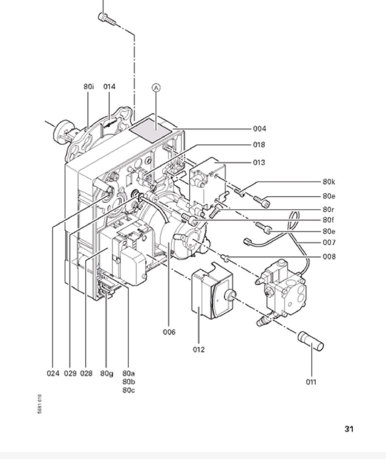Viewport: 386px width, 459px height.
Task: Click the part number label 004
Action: (259, 128)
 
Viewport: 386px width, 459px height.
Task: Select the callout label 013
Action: (259, 162)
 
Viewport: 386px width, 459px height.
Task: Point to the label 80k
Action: (329, 182)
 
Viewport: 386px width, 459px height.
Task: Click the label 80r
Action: (328, 210)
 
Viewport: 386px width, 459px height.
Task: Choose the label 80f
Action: (328, 220)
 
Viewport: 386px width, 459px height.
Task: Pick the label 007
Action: (329, 242)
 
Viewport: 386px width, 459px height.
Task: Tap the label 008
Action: (329, 256)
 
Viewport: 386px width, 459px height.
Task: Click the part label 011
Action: (311, 382)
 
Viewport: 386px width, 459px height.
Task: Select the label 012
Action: (199, 349)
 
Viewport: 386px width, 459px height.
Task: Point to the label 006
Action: (169, 332)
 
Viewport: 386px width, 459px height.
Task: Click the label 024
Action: (53, 373)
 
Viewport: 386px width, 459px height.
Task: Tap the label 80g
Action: (106, 373)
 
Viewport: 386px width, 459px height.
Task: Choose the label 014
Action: (109, 87)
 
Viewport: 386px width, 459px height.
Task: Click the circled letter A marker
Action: (156, 88)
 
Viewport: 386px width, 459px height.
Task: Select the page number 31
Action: (349, 429)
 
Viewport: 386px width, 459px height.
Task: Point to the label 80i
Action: (88, 87)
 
